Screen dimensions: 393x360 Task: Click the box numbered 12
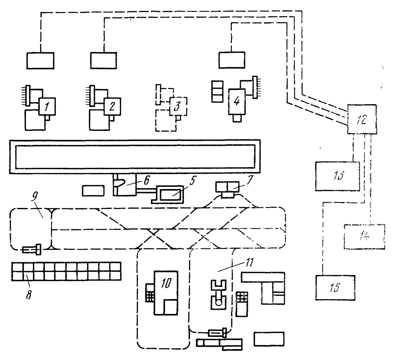[x=362, y=119]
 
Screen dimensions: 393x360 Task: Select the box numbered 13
[x=337, y=176]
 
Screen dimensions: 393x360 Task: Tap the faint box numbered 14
[x=364, y=237]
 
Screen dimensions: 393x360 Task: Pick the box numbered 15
[x=335, y=288]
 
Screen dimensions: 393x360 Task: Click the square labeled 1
[x=47, y=106]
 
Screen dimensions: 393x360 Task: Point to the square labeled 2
[x=112, y=106]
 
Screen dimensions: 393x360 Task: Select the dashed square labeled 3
[x=178, y=106]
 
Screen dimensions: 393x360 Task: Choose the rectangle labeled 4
[x=237, y=101]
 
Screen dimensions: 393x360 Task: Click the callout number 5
[x=193, y=181]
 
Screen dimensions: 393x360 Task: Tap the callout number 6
[x=147, y=180]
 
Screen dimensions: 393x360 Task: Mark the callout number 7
[x=250, y=180]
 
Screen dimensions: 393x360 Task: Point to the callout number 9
[x=34, y=197]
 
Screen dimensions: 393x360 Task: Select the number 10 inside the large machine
[x=166, y=283]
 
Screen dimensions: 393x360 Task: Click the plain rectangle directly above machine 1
[x=40, y=61]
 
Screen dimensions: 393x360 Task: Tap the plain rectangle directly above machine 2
[x=103, y=61]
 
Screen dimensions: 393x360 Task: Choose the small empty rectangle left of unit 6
[x=93, y=191]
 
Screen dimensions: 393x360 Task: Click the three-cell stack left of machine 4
[x=217, y=91]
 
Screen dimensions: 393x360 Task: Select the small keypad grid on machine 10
[x=150, y=292]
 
